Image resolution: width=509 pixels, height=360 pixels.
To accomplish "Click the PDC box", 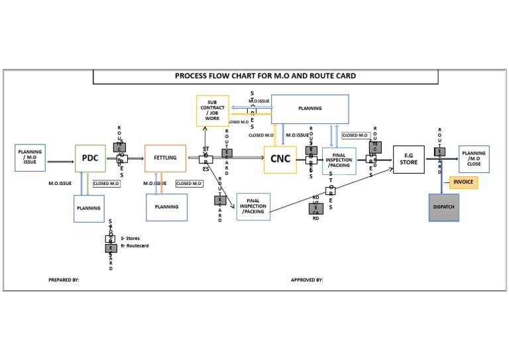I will point(90,158).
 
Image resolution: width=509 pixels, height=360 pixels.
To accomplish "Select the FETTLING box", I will point(165,158).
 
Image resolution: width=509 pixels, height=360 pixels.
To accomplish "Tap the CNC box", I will point(280,160).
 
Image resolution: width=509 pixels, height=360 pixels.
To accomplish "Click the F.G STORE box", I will point(408,160).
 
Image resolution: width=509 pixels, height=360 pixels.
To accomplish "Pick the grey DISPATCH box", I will point(443,208).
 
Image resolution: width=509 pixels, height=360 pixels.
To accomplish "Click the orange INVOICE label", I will point(463,182).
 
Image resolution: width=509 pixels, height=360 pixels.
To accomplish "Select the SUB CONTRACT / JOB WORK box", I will point(212,111).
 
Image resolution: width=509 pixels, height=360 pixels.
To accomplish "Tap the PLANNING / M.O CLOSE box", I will point(474,159).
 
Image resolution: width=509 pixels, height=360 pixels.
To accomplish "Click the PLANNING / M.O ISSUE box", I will point(30,158).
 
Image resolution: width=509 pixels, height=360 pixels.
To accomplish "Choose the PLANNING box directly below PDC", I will point(89,208).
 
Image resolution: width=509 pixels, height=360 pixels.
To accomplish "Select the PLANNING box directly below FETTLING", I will point(166,208).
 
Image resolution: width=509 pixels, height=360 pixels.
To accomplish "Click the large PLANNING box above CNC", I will point(310,109).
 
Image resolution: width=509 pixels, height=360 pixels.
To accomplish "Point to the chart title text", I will point(265,76).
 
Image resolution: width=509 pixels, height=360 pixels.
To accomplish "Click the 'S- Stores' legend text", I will point(130,239).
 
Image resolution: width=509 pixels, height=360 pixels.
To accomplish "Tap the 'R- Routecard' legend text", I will point(135,246).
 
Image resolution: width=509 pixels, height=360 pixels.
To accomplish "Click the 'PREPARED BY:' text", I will point(64,280).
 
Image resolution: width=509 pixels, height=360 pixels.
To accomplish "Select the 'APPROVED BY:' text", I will point(307,280).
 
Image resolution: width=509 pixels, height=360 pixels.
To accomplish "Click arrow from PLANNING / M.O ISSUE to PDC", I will point(60,161).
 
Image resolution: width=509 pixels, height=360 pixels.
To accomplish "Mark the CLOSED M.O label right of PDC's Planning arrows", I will point(106,184).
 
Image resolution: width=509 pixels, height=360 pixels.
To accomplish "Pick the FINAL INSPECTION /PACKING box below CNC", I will point(253,207).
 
